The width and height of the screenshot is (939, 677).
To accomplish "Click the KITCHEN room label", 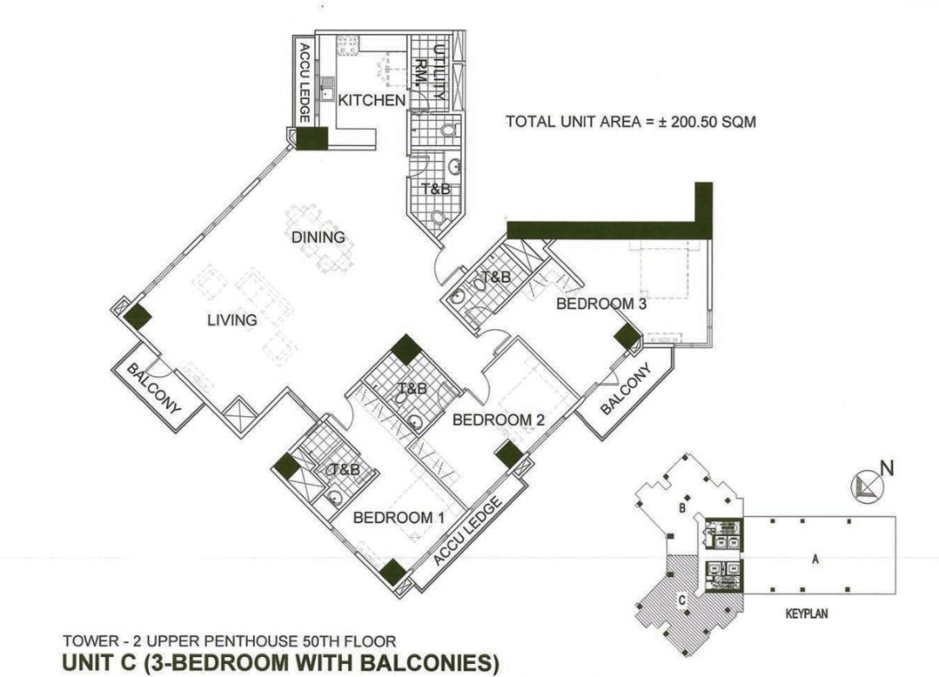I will (371, 101).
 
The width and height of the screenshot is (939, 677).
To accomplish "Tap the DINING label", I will (318, 237).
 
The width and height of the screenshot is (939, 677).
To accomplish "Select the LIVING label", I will (232, 321).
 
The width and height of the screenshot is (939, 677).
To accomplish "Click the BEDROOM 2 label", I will (498, 420).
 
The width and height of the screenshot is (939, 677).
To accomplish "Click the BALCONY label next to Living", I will (155, 388).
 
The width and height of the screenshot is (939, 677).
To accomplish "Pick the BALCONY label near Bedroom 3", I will (625, 391).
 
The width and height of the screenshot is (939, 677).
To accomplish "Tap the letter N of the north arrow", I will (887, 468).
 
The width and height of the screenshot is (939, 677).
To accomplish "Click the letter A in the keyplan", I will (815, 561).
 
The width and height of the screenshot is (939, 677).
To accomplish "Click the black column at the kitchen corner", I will (310, 138).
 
